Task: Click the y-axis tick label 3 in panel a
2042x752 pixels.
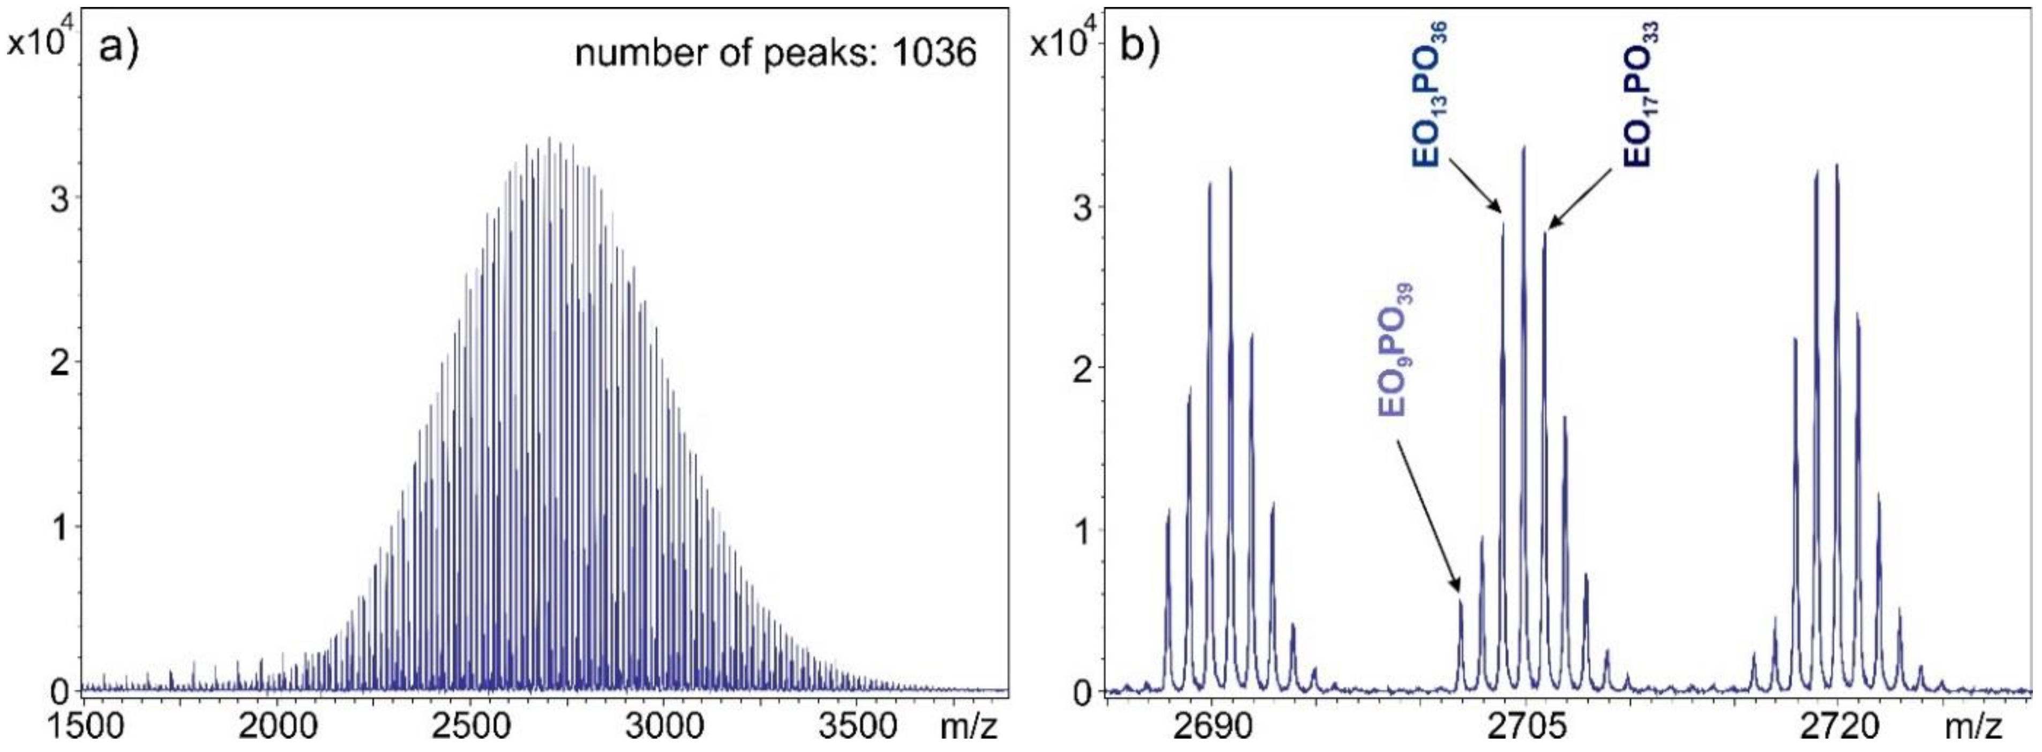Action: click(58, 200)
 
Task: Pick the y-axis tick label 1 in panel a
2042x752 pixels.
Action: click(58, 527)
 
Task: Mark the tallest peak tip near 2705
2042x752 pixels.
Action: click(1523, 147)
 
